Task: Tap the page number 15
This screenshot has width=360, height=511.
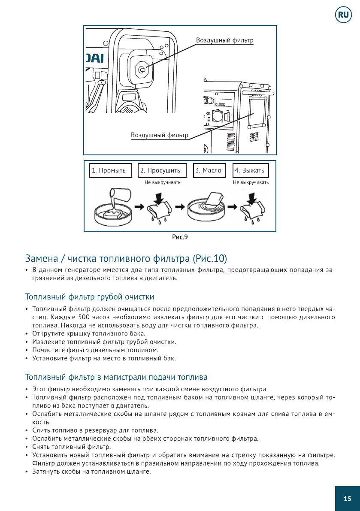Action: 347,499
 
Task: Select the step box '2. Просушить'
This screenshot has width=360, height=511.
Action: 162,170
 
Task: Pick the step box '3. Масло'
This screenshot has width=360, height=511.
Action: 209,170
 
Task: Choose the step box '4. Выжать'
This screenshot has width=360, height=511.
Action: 251,170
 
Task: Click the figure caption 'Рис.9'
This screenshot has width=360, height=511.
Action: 180,236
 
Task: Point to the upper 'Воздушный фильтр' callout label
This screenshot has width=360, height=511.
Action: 224,40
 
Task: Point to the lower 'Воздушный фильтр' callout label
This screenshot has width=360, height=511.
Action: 159,135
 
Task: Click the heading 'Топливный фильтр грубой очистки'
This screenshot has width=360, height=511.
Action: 90,297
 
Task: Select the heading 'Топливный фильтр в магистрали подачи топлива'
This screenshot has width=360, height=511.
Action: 116,377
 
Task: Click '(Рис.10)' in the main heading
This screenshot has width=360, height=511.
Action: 209,259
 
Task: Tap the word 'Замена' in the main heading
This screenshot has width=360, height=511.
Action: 41,259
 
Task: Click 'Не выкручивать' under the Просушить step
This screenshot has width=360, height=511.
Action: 162,182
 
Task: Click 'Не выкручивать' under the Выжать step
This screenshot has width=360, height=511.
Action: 251,182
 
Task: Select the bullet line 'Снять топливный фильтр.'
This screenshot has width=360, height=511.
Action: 72,447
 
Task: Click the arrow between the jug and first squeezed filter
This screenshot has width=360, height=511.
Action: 139,206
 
